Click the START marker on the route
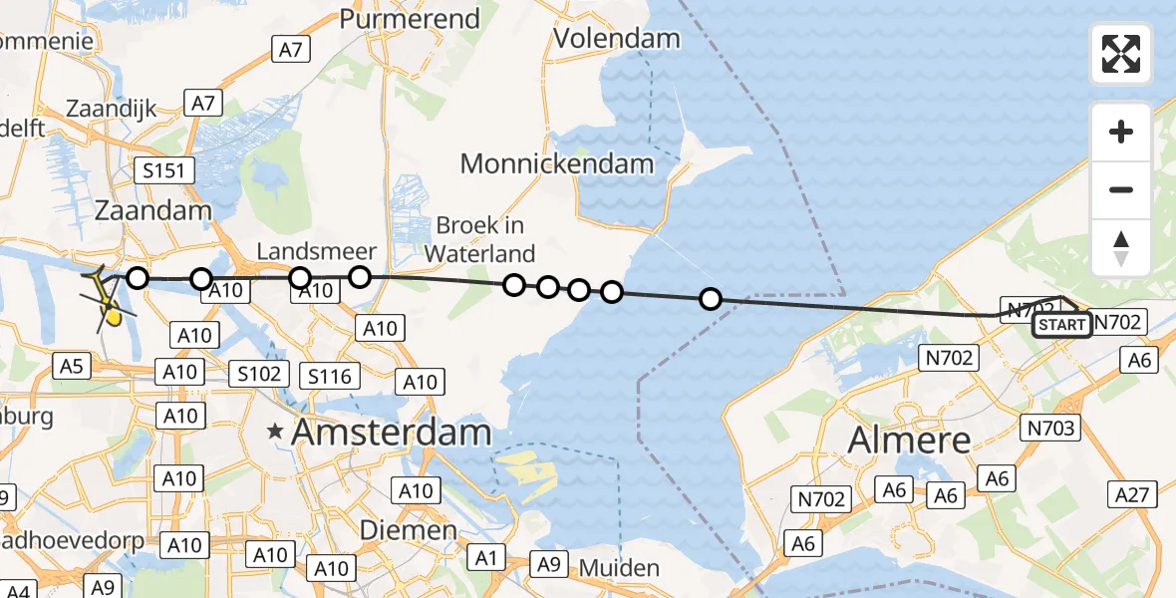[x=1061, y=325]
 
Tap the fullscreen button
[x=1121, y=54]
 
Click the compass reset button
[x=1121, y=248]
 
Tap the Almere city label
[x=908, y=440]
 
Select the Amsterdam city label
[x=394, y=433]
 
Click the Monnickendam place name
[x=557, y=163]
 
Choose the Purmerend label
[x=410, y=18]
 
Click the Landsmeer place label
[x=316, y=251]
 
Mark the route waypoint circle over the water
[x=710, y=298]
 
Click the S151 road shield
[x=163, y=171]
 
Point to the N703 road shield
[x=1048, y=428]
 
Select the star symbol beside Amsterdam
[x=275, y=433]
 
